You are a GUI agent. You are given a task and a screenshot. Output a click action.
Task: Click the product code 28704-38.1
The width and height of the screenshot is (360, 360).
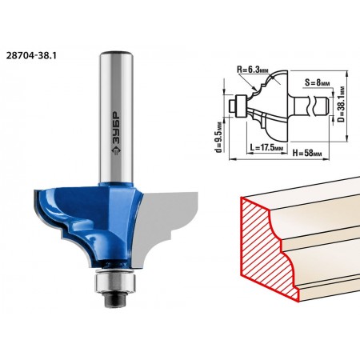coord(31,55)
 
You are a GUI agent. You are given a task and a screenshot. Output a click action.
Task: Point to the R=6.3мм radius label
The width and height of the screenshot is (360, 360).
coord(253,70)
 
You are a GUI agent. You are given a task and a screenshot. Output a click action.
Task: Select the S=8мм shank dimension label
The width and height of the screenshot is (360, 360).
coord(318,83)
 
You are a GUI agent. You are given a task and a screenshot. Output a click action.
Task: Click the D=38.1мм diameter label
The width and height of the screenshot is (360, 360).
coord(341,104)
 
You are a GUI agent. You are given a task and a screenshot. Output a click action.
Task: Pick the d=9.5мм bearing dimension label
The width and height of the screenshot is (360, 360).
coord(219,138)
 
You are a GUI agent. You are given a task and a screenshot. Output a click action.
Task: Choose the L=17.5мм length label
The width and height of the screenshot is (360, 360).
coord(266,147)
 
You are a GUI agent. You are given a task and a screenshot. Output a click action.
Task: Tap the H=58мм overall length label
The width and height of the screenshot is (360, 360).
coord(307,153)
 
